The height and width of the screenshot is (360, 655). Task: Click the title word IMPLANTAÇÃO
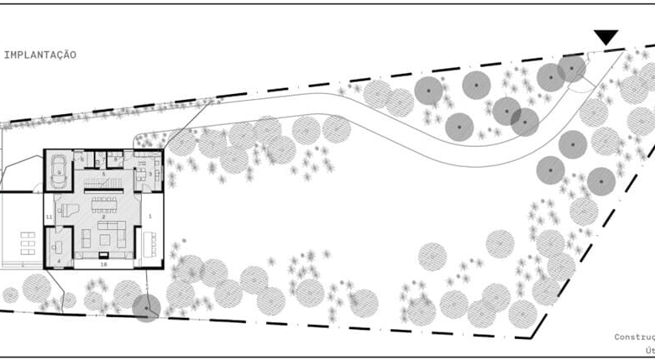[40, 55]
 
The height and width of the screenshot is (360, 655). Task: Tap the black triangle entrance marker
[605, 37]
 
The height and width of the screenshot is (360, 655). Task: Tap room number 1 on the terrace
[150, 217]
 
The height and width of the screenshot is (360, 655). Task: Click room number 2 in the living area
[102, 217]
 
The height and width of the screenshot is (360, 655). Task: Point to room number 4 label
[58, 261]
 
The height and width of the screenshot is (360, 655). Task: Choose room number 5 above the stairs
[103, 173]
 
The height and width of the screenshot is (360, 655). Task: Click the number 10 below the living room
[103, 263]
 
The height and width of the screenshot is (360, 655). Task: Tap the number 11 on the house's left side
[49, 217]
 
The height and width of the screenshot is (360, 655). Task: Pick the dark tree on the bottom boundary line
[146, 308]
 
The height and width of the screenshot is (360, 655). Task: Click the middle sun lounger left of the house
[28, 239]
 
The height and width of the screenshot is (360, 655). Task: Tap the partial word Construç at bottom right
[634, 337]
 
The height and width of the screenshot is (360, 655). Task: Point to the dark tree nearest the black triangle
[573, 68]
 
